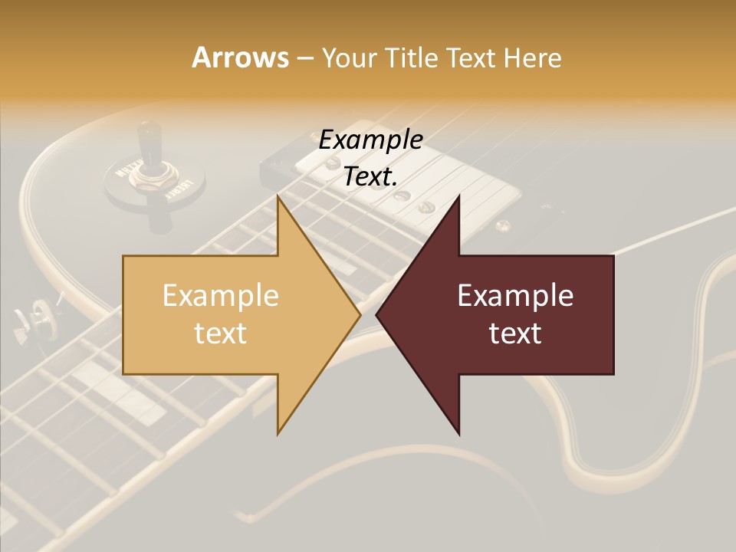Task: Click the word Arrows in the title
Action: click(240, 58)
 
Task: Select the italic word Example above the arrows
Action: click(370, 140)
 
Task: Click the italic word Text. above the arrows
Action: click(370, 177)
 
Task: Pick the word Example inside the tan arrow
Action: click(220, 295)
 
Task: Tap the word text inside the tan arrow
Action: click(220, 333)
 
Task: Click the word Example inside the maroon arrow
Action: click(515, 295)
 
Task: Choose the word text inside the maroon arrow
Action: click(515, 333)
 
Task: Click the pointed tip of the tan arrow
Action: click(360, 314)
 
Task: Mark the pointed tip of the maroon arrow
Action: click(376, 314)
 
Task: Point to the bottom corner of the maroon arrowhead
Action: click(458, 434)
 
